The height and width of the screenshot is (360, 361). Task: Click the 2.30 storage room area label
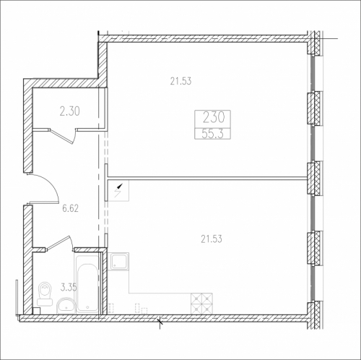[70, 111]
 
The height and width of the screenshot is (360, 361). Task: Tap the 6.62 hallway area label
[70, 208]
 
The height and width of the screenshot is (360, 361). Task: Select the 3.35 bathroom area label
[69, 287]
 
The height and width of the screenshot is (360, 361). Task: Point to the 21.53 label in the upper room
[180, 81]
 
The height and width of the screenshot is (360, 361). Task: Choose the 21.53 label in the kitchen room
[212, 239]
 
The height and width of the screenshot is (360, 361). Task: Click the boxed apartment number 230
[214, 118]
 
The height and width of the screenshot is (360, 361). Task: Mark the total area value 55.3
[213, 134]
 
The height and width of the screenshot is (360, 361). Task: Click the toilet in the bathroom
[45, 294]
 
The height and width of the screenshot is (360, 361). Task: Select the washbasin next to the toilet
[66, 305]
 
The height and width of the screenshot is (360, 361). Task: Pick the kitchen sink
[118, 261]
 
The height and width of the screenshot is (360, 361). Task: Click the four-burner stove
[201, 304]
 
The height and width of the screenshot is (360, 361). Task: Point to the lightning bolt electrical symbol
[118, 190]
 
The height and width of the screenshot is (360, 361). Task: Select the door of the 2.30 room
[63, 136]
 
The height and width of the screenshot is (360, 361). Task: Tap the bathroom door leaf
[58, 242]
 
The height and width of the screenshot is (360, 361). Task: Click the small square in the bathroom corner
[36, 311]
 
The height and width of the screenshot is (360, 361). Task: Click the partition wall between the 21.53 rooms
[207, 178]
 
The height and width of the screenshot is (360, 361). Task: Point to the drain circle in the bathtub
[87, 307]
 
